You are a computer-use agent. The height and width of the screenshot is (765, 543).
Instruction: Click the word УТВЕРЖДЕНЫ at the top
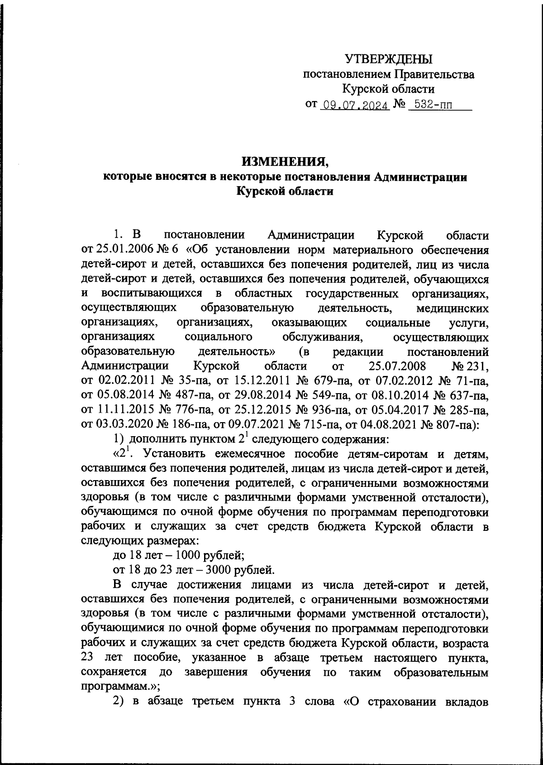point(389,59)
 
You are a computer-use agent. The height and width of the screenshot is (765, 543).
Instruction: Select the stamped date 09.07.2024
point(354,106)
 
